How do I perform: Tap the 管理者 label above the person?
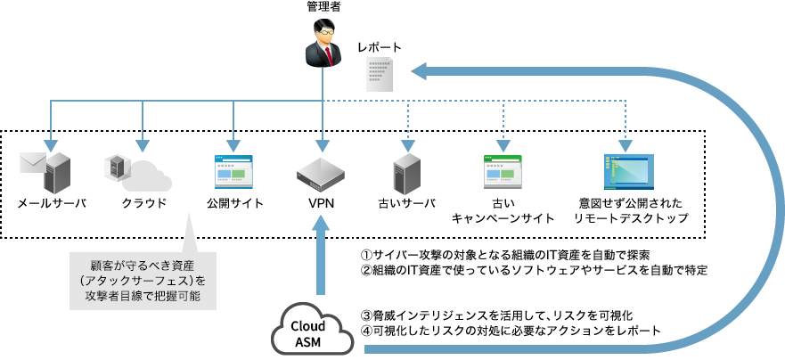tap(322, 8)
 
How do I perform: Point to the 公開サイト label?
tap(233, 203)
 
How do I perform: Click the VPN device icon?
tap(321, 173)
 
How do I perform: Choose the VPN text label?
tap(321, 203)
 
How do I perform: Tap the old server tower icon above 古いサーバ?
tap(406, 171)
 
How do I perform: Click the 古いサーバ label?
tap(406, 203)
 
